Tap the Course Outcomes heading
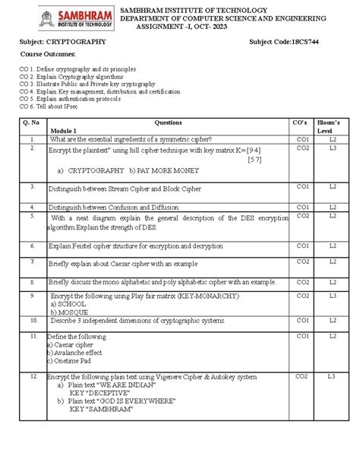pos(47,56)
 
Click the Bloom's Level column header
pos(332,125)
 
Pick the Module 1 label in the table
pos(63,131)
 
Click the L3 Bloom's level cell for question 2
pos(333,148)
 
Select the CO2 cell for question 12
pos(302,376)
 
